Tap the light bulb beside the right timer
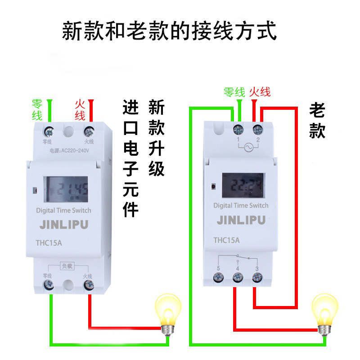pos(325,313)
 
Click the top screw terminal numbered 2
pos(257,131)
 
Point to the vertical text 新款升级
pos(156,138)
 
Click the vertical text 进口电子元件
pos(130,158)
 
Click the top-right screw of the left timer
pos(89,132)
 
